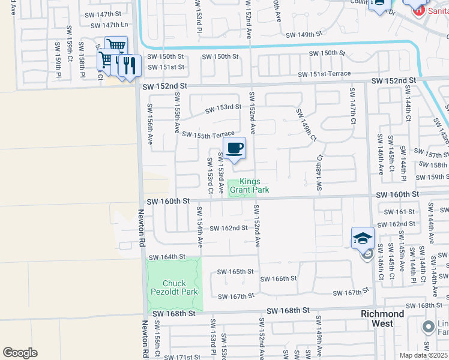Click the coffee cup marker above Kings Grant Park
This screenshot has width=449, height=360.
pos(235,148)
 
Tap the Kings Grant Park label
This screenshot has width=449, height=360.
pos(255,186)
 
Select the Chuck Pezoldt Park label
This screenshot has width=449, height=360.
pos(174,288)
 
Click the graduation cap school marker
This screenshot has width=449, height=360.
pos(363,238)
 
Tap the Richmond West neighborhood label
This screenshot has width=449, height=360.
pos(382,319)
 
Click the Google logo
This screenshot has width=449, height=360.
pos(20,353)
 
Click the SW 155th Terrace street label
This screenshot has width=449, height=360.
pos(208,135)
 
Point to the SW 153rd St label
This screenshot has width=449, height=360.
pos(223,109)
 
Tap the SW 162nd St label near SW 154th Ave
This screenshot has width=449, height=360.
pos(229,228)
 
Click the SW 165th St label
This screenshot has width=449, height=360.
pos(236,271)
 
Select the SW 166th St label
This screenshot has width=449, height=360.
pos(279,278)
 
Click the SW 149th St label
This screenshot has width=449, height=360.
pos(308,35)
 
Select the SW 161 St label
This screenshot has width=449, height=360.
pos(398,212)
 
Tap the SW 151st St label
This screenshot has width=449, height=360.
pos(167,67)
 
